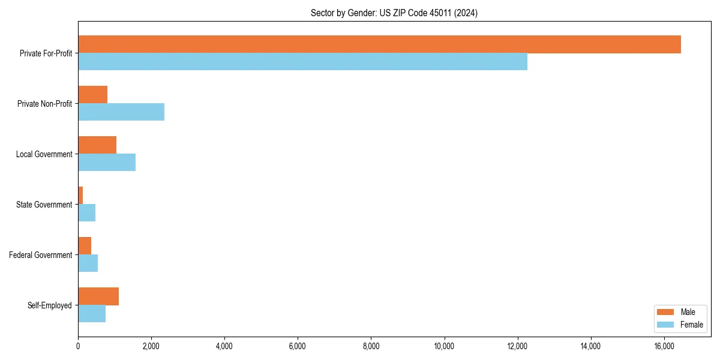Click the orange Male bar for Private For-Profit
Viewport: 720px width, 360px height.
click(379, 44)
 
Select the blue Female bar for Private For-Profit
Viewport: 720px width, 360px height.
click(302, 62)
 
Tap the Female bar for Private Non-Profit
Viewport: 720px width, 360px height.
click(121, 112)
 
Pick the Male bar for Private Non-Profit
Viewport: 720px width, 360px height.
click(93, 95)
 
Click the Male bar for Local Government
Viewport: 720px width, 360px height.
click(97, 145)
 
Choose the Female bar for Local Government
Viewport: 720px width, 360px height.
click(107, 163)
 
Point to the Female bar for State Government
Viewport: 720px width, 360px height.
click(87, 213)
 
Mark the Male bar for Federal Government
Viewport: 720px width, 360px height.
click(85, 246)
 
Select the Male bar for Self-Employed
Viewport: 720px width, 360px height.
click(98, 296)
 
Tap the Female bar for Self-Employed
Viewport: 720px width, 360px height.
click(92, 314)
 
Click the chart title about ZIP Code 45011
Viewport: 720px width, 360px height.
click(394, 13)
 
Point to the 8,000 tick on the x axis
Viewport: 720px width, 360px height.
click(371, 346)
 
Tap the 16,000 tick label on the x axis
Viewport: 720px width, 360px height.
click(664, 346)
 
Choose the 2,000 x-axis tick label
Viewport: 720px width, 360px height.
click(151, 346)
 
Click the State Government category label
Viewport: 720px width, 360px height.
click(44, 205)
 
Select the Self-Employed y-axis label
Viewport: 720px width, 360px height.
click(50, 305)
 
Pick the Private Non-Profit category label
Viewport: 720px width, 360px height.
click(44, 104)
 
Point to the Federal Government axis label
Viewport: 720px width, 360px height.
click(41, 255)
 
